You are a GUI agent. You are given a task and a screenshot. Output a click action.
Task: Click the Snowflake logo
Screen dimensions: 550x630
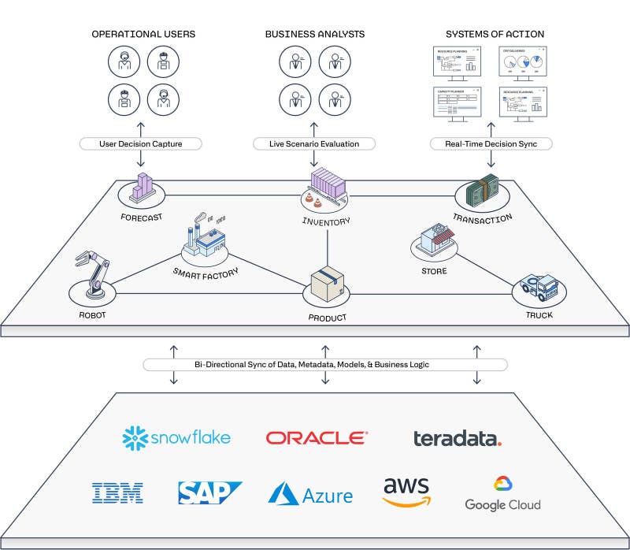(x=176, y=437)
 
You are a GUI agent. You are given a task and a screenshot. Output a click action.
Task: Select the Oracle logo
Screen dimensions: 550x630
(x=316, y=437)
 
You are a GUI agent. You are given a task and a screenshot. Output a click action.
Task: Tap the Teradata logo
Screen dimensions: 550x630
(x=458, y=438)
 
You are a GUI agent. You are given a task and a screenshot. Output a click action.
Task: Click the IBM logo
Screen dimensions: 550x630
(x=117, y=493)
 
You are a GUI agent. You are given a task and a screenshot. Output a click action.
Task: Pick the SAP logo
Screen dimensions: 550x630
(x=209, y=492)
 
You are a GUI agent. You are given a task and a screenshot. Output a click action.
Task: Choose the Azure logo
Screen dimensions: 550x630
(x=310, y=494)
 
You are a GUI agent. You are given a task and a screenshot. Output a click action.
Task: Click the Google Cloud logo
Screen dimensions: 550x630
(x=502, y=494)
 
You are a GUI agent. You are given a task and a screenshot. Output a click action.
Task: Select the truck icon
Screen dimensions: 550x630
(x=539, y=288)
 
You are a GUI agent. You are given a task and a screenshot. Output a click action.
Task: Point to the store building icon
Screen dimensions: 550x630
(x=435, y=240)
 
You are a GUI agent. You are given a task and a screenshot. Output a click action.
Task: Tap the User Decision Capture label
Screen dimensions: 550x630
(x=141, y=144)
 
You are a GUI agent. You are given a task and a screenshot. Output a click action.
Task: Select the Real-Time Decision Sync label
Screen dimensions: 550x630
(x=491, y=144)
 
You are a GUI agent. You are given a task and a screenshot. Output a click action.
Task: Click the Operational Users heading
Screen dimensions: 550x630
(x=143, y=34)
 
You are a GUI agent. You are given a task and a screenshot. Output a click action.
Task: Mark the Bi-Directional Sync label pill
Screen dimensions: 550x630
(x=324, y=365)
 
